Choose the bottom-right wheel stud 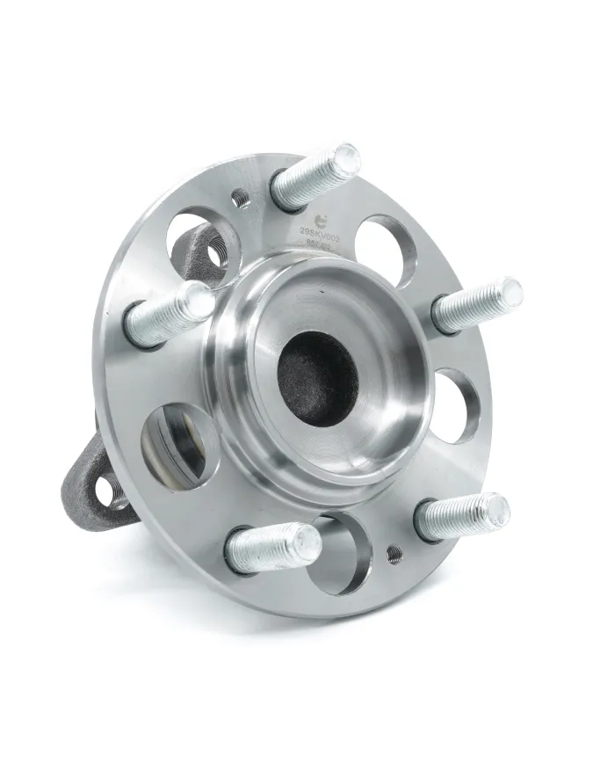click(462, 515)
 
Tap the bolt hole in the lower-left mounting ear click(107, 490)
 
